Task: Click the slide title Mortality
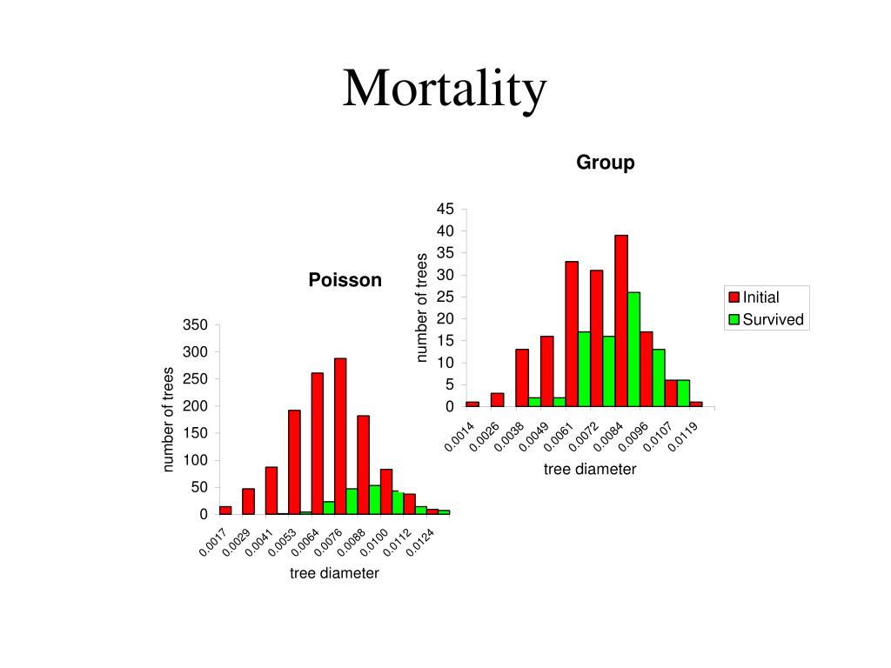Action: [445, 89]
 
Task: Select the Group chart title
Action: [605, 163]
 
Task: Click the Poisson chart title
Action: [345, 280]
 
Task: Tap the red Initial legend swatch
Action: [734, 297]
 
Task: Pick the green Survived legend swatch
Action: [734, 319]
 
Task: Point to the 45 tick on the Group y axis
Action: [445, 209]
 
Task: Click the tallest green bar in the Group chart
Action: [633, 349]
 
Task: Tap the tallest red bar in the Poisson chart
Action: [340, 436]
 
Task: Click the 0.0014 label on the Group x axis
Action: [459, 435]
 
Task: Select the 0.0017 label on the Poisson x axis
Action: [213, 543]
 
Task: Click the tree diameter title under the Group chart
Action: [590, 470]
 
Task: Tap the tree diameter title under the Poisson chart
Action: [335, 574]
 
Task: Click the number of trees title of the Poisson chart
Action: [169, 419]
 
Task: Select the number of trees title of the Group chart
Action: [422, 307]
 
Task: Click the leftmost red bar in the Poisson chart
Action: [225, 510]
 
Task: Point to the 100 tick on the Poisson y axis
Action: [198, 460]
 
